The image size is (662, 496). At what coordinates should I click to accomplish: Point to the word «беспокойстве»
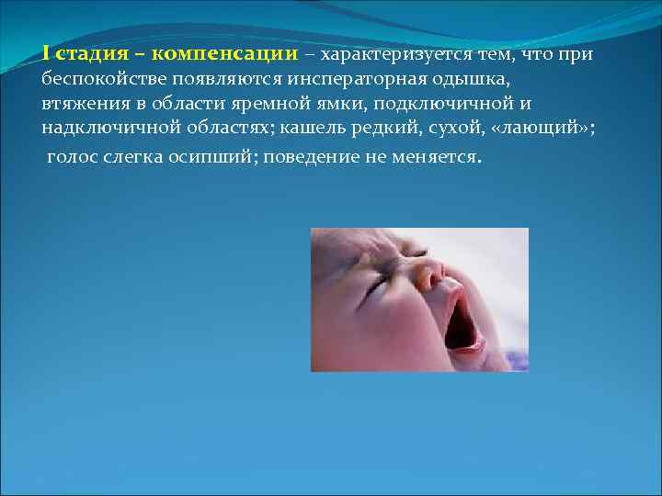97,79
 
